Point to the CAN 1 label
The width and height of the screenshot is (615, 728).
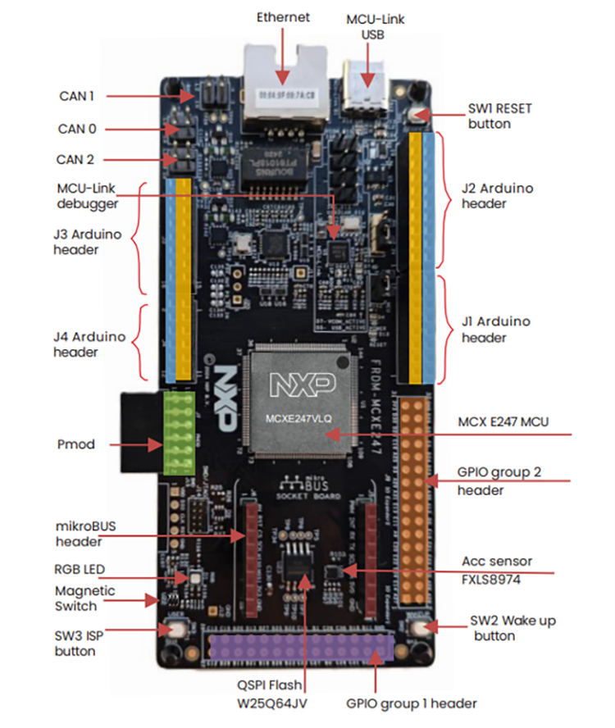pyautogui.click(x=75, y=96)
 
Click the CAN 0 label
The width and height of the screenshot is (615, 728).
pyautogui.click(x=77, y=129)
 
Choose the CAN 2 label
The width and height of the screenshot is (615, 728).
pyautogui.click(x=76, y=160)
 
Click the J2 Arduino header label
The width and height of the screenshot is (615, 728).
pyautogui.click(x=497, y=195)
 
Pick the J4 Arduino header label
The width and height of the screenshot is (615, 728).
pyautogui.click(x=87, y=344)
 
